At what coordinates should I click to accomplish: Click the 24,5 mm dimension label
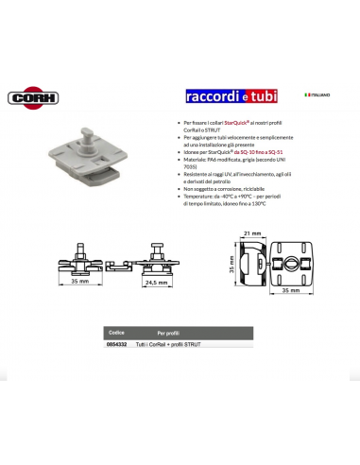tap(155, 281)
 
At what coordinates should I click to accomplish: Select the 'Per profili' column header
tap(169, 333)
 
